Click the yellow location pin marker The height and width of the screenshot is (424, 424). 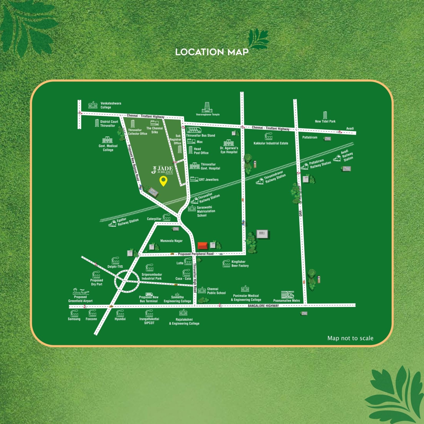click(164, 181)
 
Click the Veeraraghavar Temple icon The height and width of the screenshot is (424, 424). click(207, 107)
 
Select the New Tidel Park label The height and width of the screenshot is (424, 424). click(325, 121)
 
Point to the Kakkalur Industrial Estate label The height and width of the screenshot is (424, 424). click(271, 143)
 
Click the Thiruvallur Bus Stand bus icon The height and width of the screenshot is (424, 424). click(194, 130)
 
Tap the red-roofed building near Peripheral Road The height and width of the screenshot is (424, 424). click(203, 246)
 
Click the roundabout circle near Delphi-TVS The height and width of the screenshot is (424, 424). click(127, 281)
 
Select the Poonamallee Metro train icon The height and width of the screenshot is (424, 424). click(288, 295)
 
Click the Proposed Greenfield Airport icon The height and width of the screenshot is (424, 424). click(81, 292)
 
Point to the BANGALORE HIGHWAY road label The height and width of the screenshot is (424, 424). click(263, 306)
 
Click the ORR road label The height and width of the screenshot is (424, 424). click(301, 213)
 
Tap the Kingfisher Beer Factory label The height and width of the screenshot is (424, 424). click(240, 264)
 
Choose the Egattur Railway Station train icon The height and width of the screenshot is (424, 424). click(112, 224)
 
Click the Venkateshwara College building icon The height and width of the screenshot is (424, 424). click(93, 105)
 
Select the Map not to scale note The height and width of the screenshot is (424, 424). click(350, 338)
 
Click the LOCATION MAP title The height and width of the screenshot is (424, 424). click(212, 52)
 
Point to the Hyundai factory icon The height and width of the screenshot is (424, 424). click(120, 313)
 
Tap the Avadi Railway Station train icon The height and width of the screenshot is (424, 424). click(337, 158)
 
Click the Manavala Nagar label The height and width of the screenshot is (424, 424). click(171, 241)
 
